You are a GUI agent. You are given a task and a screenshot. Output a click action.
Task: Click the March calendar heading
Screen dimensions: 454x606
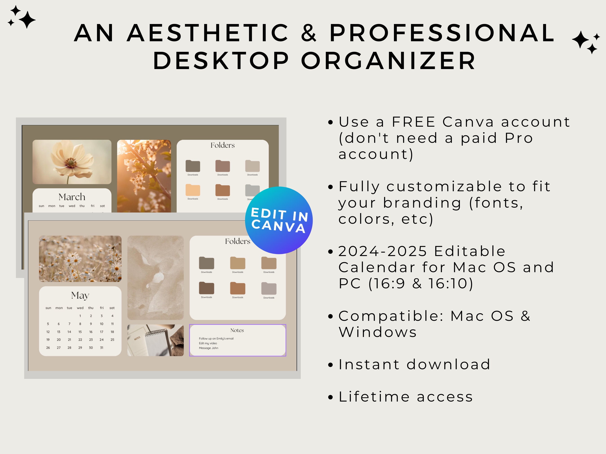72,197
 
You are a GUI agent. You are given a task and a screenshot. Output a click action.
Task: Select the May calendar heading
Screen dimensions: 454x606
80,295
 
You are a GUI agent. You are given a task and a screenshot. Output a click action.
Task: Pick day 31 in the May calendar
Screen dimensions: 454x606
102,348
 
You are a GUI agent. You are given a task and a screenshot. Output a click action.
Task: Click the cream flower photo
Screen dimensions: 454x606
72,162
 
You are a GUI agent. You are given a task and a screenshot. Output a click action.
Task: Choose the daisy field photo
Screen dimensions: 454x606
80,258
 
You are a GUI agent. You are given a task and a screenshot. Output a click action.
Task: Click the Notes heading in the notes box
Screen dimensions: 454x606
237,330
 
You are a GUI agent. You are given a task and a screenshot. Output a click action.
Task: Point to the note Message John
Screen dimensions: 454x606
209,348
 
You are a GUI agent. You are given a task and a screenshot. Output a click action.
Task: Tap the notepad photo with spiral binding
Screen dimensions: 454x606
155,340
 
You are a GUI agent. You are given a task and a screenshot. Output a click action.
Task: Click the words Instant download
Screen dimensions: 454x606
414,365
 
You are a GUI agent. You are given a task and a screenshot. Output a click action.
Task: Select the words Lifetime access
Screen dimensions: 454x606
406,397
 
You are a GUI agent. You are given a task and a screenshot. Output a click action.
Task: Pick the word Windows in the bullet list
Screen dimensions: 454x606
378,332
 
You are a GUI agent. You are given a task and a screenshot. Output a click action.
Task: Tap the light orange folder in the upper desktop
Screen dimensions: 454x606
193,190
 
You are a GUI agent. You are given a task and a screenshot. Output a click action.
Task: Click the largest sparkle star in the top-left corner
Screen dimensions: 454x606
27,20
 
